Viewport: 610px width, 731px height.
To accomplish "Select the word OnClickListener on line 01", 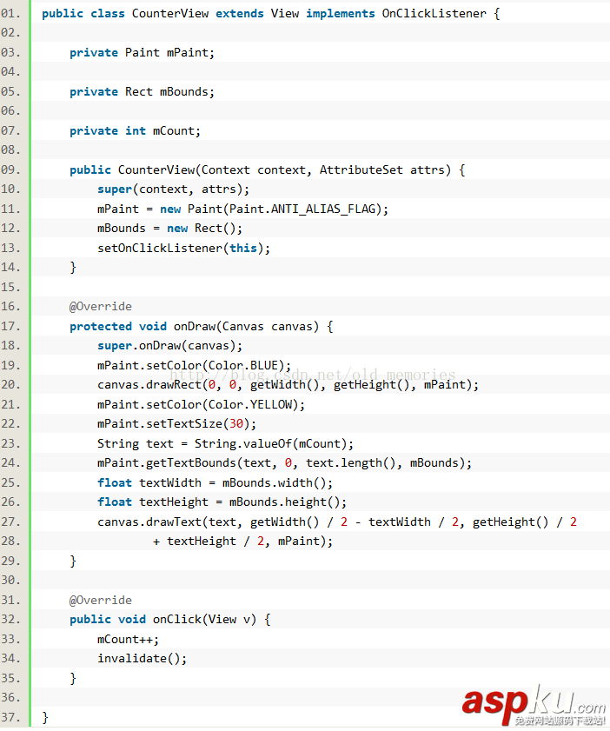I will point(434,14).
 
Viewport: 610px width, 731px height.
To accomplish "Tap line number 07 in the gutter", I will point(10,130).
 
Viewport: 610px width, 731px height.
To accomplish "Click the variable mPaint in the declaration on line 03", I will point(188,52).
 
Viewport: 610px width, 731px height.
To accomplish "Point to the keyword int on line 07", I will point(136,130).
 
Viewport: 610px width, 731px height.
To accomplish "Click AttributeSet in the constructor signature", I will point(361,169).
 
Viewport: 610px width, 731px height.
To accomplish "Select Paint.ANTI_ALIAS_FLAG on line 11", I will point(306,209).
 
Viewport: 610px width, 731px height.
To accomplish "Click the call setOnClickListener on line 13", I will point(160,248).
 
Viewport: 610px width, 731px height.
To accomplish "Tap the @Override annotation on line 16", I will point(101,306).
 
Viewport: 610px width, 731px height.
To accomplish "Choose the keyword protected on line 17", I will point(101,326).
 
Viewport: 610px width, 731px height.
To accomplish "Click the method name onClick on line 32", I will point(177,619).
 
